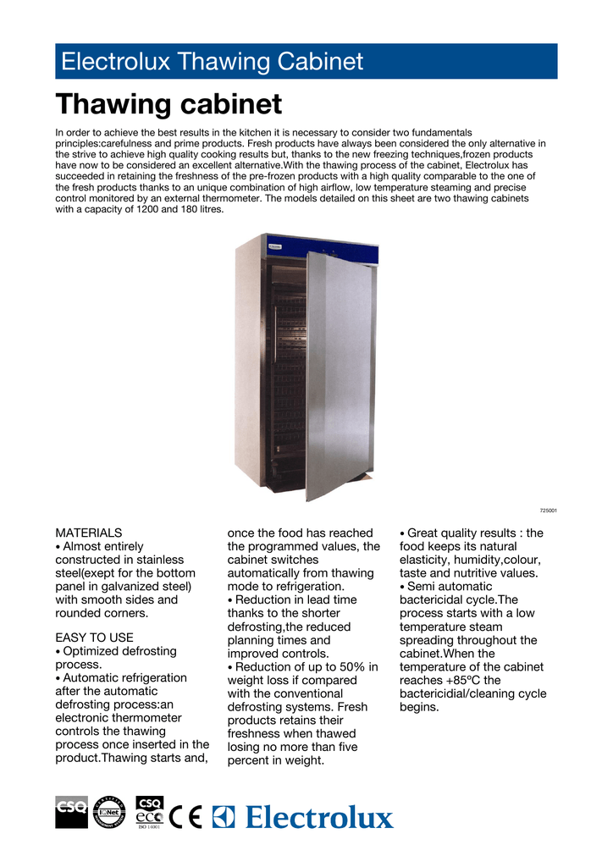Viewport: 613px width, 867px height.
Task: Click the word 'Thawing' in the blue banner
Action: (x=221, y=62)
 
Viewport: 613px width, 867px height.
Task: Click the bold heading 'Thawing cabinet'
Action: (x=168, y=105)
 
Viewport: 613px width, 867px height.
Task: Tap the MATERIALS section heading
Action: (x=89, y=533)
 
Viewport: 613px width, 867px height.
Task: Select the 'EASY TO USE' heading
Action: (x=95, y=637)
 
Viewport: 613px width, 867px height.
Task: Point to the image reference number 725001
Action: (x=549, y=511)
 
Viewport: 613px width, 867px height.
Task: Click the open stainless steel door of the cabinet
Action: (x=337, y=373)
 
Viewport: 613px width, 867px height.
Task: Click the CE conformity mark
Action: (x=186, y=816)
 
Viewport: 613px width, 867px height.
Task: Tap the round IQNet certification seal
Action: (x=108, y=814)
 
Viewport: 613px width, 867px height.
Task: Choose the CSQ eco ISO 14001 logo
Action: (x=150, y=815)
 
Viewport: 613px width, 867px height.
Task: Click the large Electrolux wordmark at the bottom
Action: (x=319, y=818)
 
